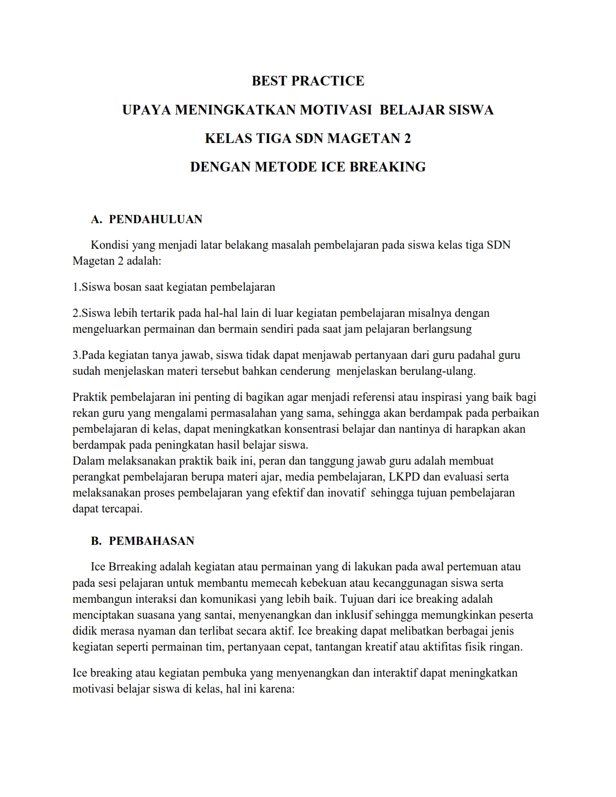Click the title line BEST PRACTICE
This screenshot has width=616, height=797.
coord(308,81)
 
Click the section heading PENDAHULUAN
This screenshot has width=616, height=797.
coord(156,219)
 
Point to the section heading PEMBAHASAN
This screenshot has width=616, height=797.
coord(152,541)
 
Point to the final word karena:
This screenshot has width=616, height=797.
coord(277,689)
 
